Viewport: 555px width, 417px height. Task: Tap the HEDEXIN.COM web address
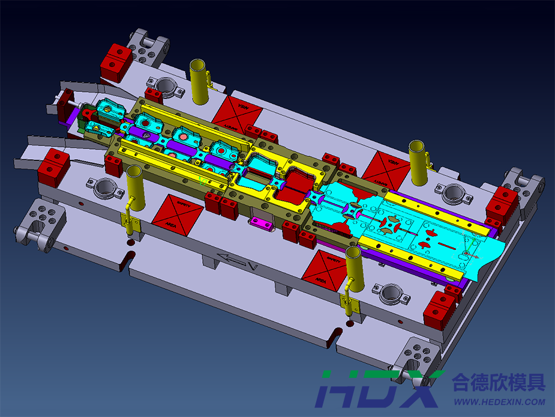499,402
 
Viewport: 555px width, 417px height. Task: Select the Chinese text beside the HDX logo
499,382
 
